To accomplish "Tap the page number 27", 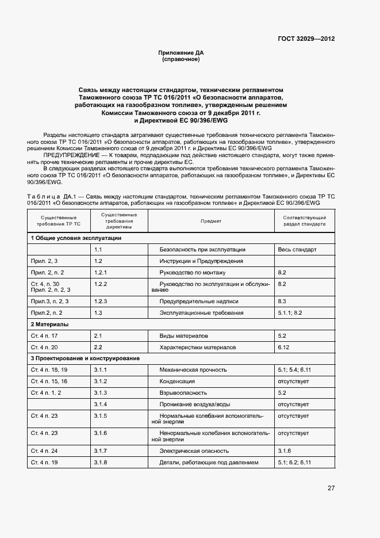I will click(x=331, y=488).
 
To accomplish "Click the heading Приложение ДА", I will click(x=181, y=53).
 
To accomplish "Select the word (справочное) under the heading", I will click(x=181, y=59).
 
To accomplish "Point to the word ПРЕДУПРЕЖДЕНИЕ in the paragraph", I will click(x=69, y=156).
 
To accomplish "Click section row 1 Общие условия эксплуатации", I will click(x=76, y=238).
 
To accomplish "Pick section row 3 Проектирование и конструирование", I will click(x=85, y=358).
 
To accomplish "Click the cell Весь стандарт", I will click(x=297, y=250).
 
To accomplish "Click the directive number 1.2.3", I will click(x=101, y=301).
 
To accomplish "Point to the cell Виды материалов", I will click(x=184, y=335).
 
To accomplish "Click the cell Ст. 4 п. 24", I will click(x=44, y=451).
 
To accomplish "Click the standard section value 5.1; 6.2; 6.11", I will click(x=294, y=462).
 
